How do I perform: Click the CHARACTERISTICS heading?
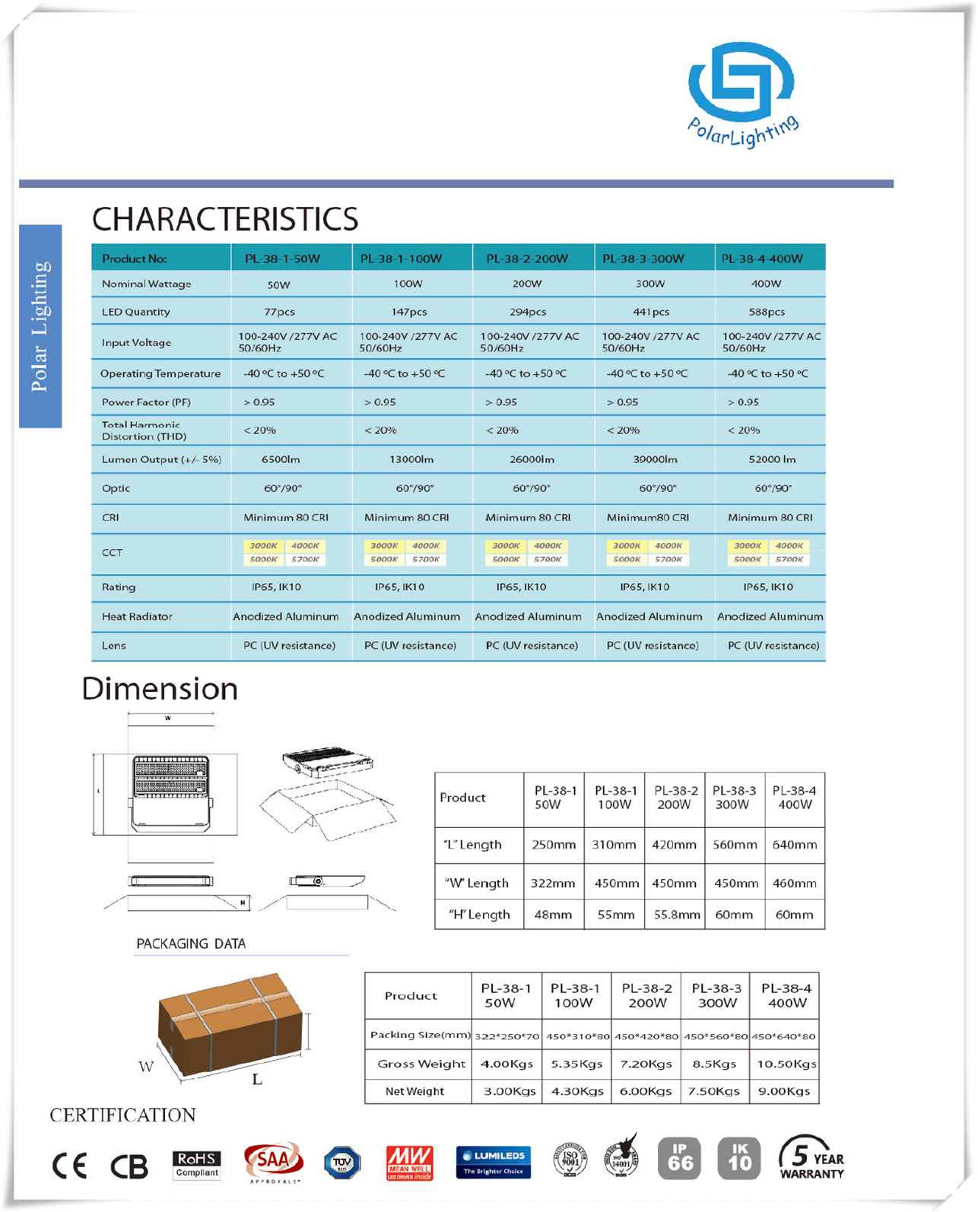click(x=225, y=220)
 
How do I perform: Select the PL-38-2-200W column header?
click(x=527, y=259)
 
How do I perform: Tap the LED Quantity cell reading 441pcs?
click(x=651, y=312)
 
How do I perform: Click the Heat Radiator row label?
click(x=137, y=617)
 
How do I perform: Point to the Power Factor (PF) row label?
click(x=146, y=402)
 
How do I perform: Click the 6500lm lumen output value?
click(x=281, y=459)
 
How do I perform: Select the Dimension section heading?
click(x=160, y=689)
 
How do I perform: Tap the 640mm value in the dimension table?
click(x=795, y=845)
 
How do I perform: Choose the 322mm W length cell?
click(x=553, y=884)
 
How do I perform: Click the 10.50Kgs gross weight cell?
click(x=786, y=1064)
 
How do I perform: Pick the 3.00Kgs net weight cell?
click(x=510, y=1091)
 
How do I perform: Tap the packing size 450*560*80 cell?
click(x=716, y=1036)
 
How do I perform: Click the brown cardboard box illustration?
click(x=230, y=1023)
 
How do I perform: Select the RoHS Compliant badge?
click(x=197, y=1164)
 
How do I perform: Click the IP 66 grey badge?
click(x=680, y=1159)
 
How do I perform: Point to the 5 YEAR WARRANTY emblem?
click(x=811, y=1158)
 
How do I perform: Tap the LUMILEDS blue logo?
click(x=494, y=1162)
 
